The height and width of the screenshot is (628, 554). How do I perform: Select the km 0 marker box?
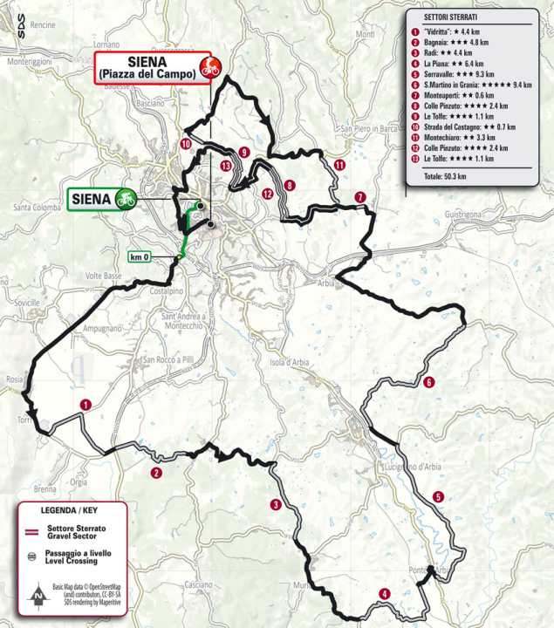tap(140, 256)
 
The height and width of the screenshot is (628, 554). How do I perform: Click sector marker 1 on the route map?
tap(85, 404)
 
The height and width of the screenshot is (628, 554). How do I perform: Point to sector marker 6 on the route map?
tap(428, 382)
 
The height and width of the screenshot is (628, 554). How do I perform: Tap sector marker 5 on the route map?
tap(438, 497)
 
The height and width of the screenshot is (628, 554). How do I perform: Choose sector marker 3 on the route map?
tap(276, 504)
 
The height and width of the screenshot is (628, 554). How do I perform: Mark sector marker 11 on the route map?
tap(339, 165)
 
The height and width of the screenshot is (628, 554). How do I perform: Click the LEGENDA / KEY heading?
tap(72, 509)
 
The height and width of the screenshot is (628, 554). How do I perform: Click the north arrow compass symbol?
tap(38, 597)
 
